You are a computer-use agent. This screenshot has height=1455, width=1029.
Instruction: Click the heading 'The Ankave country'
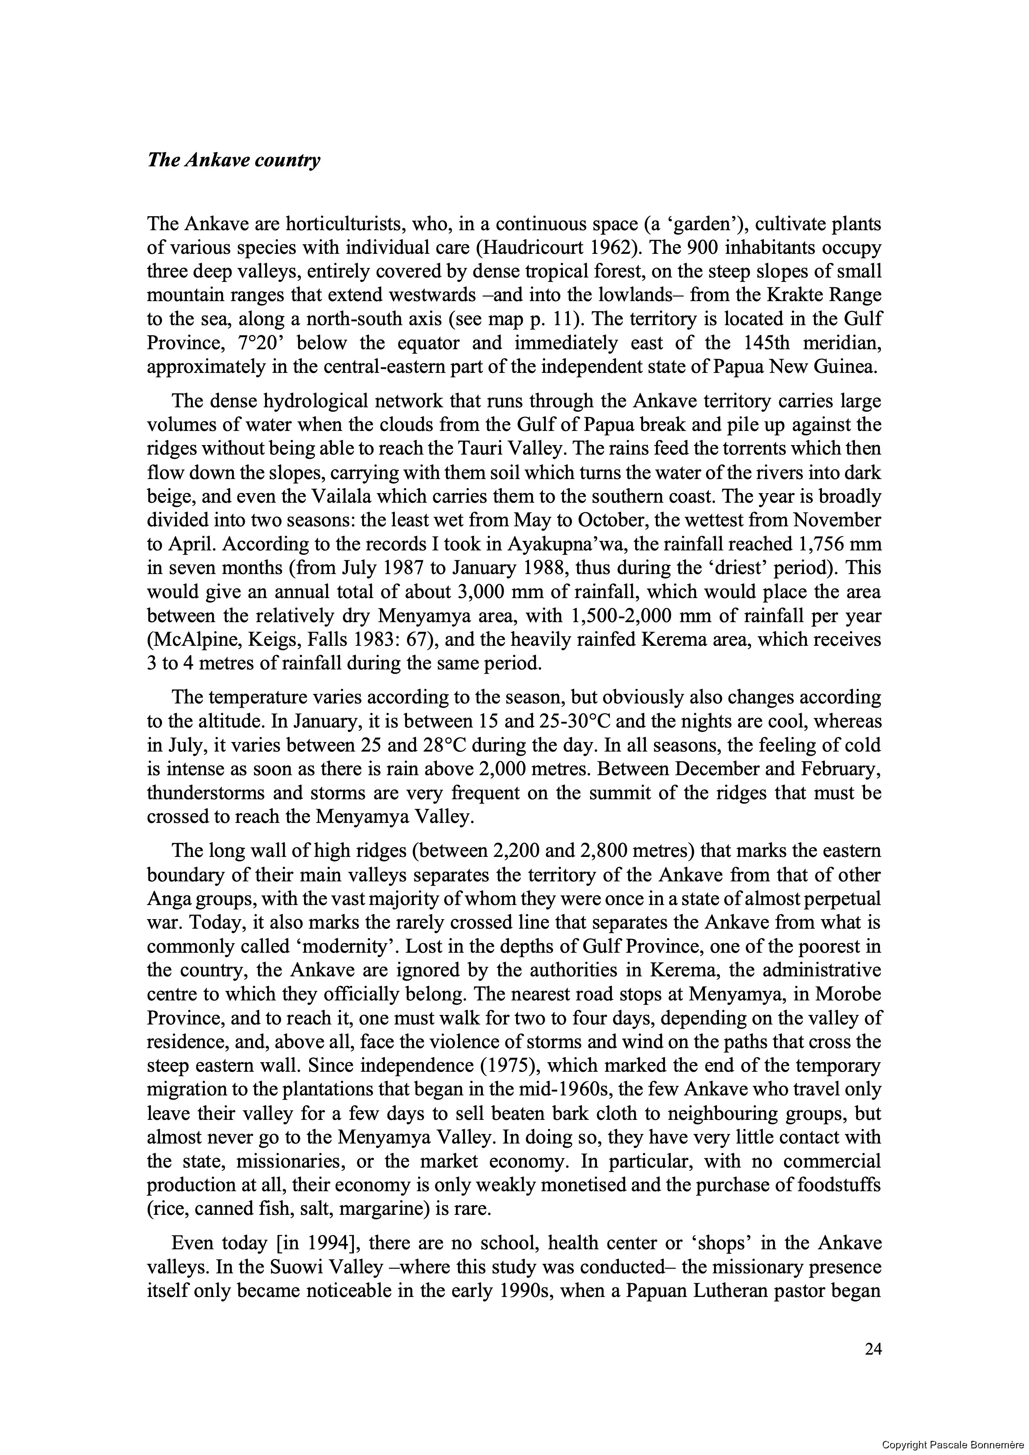[x=233, y=161]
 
